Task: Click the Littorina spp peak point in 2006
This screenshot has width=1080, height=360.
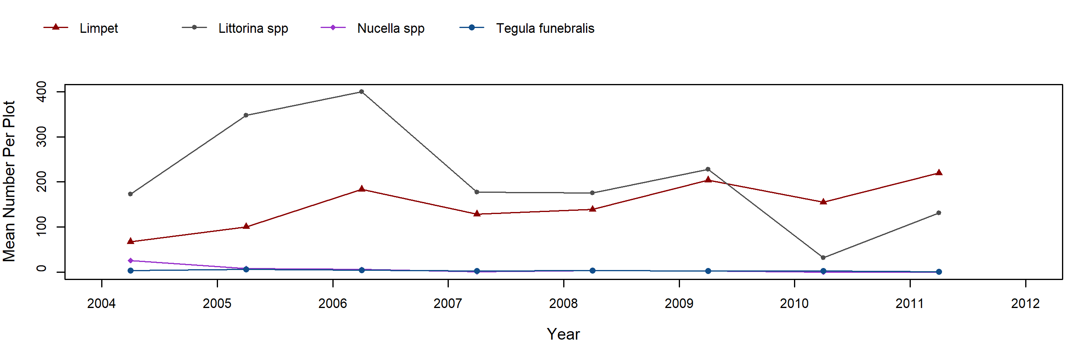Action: pos(361,92)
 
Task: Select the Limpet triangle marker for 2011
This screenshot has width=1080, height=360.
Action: pos(939,173)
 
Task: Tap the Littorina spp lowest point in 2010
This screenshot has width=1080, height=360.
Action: pos(823,258)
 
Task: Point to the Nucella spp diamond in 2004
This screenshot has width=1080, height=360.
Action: pos(130,261)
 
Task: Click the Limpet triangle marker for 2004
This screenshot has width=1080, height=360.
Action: pos(130,241)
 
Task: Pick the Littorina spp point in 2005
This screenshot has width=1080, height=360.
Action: pos(246,115)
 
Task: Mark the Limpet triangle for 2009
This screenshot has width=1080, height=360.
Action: pos(708,180)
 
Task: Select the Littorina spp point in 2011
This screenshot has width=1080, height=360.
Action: pos(939,213)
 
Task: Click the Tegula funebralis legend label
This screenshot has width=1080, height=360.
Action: pos(545,28)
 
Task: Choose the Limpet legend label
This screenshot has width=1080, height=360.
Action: pos(99,28)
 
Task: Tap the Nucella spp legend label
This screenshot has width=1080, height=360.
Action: pos(391,28)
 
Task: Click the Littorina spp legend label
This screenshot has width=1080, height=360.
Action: pos(253,28)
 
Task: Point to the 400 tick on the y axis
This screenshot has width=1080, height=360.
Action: pos(42,92)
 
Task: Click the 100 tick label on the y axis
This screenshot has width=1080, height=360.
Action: pos(42,227)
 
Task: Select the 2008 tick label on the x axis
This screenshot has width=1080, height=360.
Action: pos(564,304)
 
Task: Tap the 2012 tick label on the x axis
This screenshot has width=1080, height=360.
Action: pos(1025,304)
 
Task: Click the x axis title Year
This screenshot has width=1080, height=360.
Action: pos(563,334)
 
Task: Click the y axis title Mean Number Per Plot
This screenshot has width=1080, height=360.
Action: pos(9,182)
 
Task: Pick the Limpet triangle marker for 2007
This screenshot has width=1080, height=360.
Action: pos(477,214)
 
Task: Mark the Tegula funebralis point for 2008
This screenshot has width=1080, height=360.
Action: pos(592,271)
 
